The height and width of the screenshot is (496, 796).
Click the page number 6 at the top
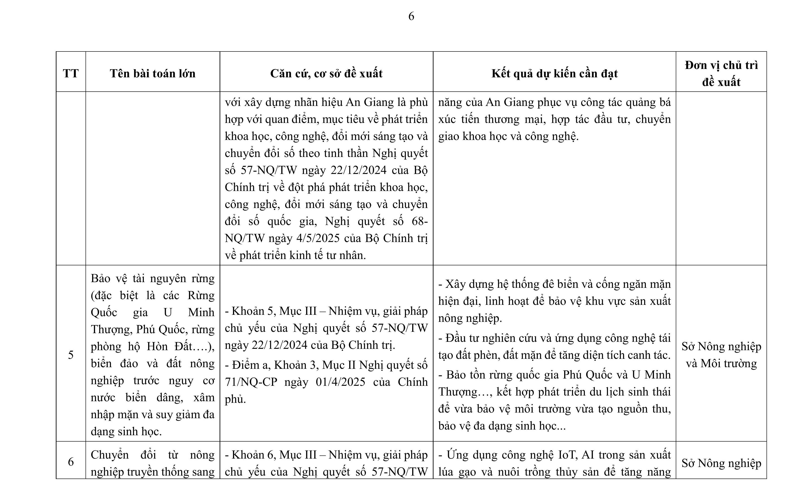coord(411,16)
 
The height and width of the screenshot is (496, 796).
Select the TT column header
coord(71,73)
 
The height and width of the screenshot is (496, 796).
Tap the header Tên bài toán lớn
coord(153,73)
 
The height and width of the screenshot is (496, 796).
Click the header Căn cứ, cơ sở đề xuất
coord(326,73)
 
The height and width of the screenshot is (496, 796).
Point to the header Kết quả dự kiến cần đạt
coord(554,73)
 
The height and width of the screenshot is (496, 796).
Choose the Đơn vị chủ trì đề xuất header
coord(721,73)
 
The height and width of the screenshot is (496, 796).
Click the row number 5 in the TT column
coord(71,355)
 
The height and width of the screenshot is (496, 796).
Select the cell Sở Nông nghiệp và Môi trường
coord(721,355)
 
